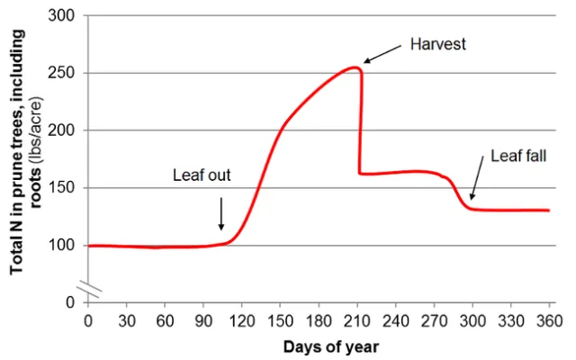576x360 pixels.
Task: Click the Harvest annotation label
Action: pyautogui.click(x=437, y=43)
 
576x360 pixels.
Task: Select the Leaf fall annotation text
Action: pyautogui.click(x=517, y=156)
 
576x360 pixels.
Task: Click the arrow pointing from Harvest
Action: pyautogui.click(x=383, y=55)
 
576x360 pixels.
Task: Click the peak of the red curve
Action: pyautogui.click(x=355, y=67)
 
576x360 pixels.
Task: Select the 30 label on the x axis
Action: pyautogui.click(x=126, y=320)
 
